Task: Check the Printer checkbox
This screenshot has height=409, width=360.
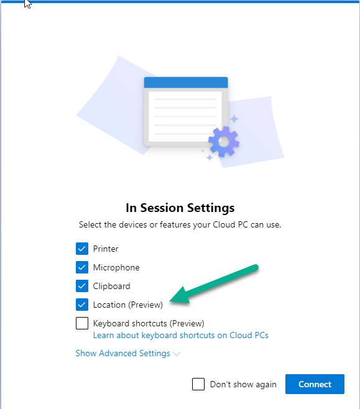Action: pyautogui.click(x=82, y=249)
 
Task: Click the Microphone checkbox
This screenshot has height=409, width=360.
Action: pyautogui.click(x=82, y=267)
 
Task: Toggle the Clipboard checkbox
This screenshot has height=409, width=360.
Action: pyautogui.click(x=82, y=286)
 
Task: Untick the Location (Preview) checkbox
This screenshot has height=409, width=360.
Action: pyautogui.click(x=82, y=305)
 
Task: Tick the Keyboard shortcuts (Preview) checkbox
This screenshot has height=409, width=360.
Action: pyautogui.click(x=82, y=323)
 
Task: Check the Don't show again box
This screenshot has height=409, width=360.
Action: pyautogui.click(x=198, y=384)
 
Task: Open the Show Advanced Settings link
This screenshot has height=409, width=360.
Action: pyautogui.click(x=122, y=354)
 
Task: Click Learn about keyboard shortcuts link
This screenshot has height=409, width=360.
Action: pyautogui.click(x=181, y=336)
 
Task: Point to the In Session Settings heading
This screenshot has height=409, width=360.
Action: pyautogui.click(x=180, y=208)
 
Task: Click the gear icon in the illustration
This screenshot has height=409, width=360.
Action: pyautogui.click(x=224, y=142)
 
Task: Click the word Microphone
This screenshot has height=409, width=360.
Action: pyautogui.click(x=116, y=268)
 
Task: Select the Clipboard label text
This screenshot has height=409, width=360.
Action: pyautogui.click(x=112, y=287)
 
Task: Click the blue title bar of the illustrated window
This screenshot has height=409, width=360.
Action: pyautogui.click(x=186, y=83)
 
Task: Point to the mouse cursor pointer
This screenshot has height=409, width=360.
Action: pyautogui.click(x=27, y=4)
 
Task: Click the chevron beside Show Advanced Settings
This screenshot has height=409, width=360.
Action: pyautogui.click(x=177, y=354)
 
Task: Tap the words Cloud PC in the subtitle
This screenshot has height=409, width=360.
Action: pyautogui.click(x=230, y=224)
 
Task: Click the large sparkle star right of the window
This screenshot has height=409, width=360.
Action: pyautogui.click(x=234, y=119)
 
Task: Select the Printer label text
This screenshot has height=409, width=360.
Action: pyautogui.click(x=106, y=249)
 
